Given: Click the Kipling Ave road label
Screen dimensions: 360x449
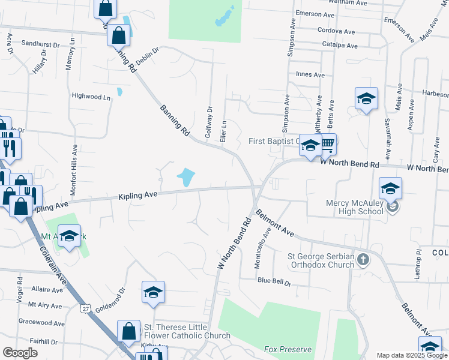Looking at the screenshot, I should pyautogui.click(x=137, y=195).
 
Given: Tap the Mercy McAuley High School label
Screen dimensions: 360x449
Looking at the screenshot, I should pyautogui.click(x=354, y=207).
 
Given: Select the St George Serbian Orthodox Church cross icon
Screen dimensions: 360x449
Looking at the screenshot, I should pyautogui.click(x=362, y=259).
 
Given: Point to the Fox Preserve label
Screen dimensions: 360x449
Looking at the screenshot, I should pyautogui.click(x=288, y=349).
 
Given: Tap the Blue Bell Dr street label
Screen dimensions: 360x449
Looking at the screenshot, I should pyautogui.click(x=274, y=281).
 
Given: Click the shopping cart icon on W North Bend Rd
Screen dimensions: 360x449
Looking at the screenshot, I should pyautogui.click(x=327, y=143).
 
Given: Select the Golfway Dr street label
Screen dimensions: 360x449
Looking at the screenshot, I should pyautogui.click(x=209, y=122).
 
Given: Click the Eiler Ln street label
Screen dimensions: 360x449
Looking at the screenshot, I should pyautogui.click(x=224, y=130).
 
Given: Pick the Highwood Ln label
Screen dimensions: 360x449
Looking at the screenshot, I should pyautogui.click(x=91, y=96).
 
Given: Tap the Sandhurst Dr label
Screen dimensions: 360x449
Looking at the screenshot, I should pyautogui.click(x=41, y=44).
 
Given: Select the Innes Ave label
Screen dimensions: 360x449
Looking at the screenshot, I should pyautogui.click(x=310, y=75).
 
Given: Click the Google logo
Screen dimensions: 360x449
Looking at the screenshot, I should pyautogui.click(x=20, y=353).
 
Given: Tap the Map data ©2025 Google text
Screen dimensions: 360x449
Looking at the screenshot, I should pyautogui.click(x=412, y=355).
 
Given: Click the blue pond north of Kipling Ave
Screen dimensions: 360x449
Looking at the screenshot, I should pyautogui.click(x=185, y=177).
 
